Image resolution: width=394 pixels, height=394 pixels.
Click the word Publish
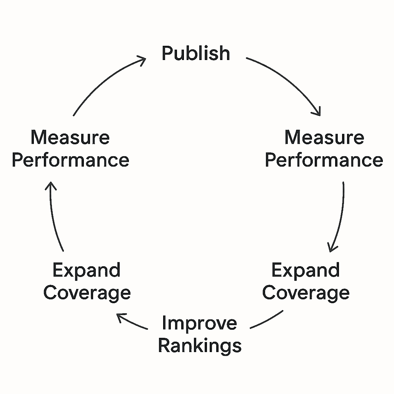tap(195, 53)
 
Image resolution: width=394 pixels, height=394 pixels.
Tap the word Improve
tap(199, 323)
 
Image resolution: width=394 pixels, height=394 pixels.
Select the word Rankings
tap(200, 346)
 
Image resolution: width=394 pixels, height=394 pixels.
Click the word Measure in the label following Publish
tap(324, 137)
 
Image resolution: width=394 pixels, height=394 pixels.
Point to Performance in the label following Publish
tap(324, 160)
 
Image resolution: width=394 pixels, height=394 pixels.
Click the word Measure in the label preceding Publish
tap(70, 137)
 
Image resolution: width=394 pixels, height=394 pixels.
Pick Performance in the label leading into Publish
tap(70, 160)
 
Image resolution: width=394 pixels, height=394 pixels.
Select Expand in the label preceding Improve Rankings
tap(306, 270)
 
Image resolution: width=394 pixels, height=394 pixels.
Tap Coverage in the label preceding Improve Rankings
tap(306, 293)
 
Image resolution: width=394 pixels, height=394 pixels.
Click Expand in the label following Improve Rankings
tap(87, 270)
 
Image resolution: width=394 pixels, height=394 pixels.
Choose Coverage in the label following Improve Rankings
tap(87, 293)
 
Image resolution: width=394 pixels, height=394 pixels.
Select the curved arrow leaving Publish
tap(289, 81)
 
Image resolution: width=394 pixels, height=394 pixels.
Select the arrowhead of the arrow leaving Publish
tap(317, 112)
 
